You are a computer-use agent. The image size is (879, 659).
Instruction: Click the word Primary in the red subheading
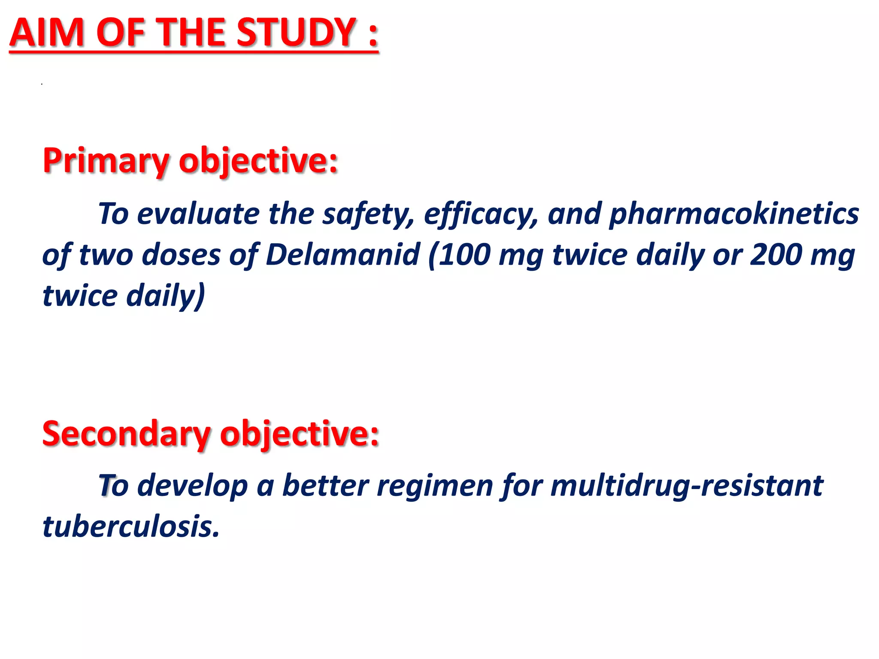click(106, 161)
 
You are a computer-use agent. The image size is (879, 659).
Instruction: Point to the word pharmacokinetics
click(734, 214)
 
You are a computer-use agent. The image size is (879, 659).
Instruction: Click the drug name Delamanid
click(343, 255)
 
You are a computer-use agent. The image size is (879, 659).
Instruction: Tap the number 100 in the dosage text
click(465, 255)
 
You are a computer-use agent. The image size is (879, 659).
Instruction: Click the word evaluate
click(198, 214)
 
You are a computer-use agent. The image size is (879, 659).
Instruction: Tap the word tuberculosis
click(130, 526)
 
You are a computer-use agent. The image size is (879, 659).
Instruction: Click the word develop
click(193, 487)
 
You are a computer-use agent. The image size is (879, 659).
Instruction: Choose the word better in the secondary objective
click(326, 486)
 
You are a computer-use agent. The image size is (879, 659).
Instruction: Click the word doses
click(181, 255)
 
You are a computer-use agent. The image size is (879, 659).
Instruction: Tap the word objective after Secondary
click(299, 434)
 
